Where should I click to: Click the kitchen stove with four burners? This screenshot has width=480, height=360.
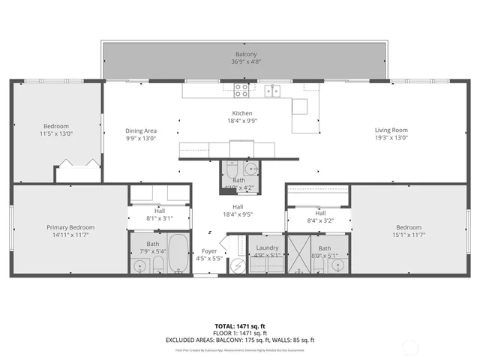pos(241,91)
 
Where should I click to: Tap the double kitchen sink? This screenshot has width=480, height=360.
pos(272,91)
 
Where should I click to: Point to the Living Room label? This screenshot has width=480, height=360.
pos(391,130)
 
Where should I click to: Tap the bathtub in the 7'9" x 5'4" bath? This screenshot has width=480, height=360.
pos(178,254)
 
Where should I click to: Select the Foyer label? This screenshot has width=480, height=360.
pos(209,251)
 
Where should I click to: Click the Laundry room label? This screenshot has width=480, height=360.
pos(267,247)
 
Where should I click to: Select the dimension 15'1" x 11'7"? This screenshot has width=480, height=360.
pos(409,235)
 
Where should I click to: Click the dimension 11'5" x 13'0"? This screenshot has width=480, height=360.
pos(56,133)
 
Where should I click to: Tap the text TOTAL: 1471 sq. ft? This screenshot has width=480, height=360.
pos(240,326)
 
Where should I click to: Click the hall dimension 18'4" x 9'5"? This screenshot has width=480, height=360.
pos(237,214)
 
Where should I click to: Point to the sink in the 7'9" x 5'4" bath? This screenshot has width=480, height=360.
pos(140,265)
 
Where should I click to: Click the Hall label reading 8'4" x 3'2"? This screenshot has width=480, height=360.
pos(320,220)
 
